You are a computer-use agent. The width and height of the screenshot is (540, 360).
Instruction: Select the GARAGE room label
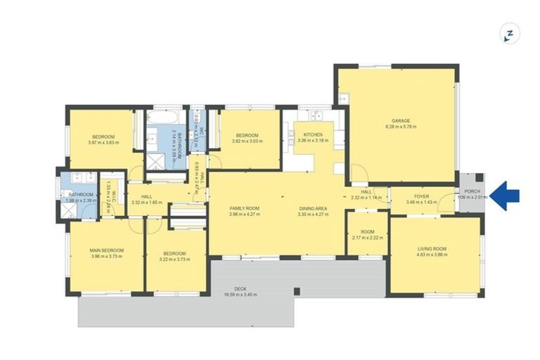click(401, 120)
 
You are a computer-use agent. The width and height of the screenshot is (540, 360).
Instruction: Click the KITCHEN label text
click(313, 134)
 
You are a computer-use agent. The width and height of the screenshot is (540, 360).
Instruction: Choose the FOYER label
click(421, 197)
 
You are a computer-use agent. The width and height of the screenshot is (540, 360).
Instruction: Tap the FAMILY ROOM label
click(245, 208)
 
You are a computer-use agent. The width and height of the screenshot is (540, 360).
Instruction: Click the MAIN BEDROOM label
click(107, 250)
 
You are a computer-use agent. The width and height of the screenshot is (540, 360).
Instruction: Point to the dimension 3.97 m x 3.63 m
click(103, 143)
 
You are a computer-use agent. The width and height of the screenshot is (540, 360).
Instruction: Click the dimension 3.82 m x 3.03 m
click(247, 141)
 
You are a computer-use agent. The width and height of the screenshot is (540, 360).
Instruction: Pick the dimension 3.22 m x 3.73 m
click(174, 259)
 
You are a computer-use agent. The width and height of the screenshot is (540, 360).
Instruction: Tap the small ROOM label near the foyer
click(368, 231)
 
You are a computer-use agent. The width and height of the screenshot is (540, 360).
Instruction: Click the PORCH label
click(472, 191)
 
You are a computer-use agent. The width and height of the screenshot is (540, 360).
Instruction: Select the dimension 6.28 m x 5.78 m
click(401, 127)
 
